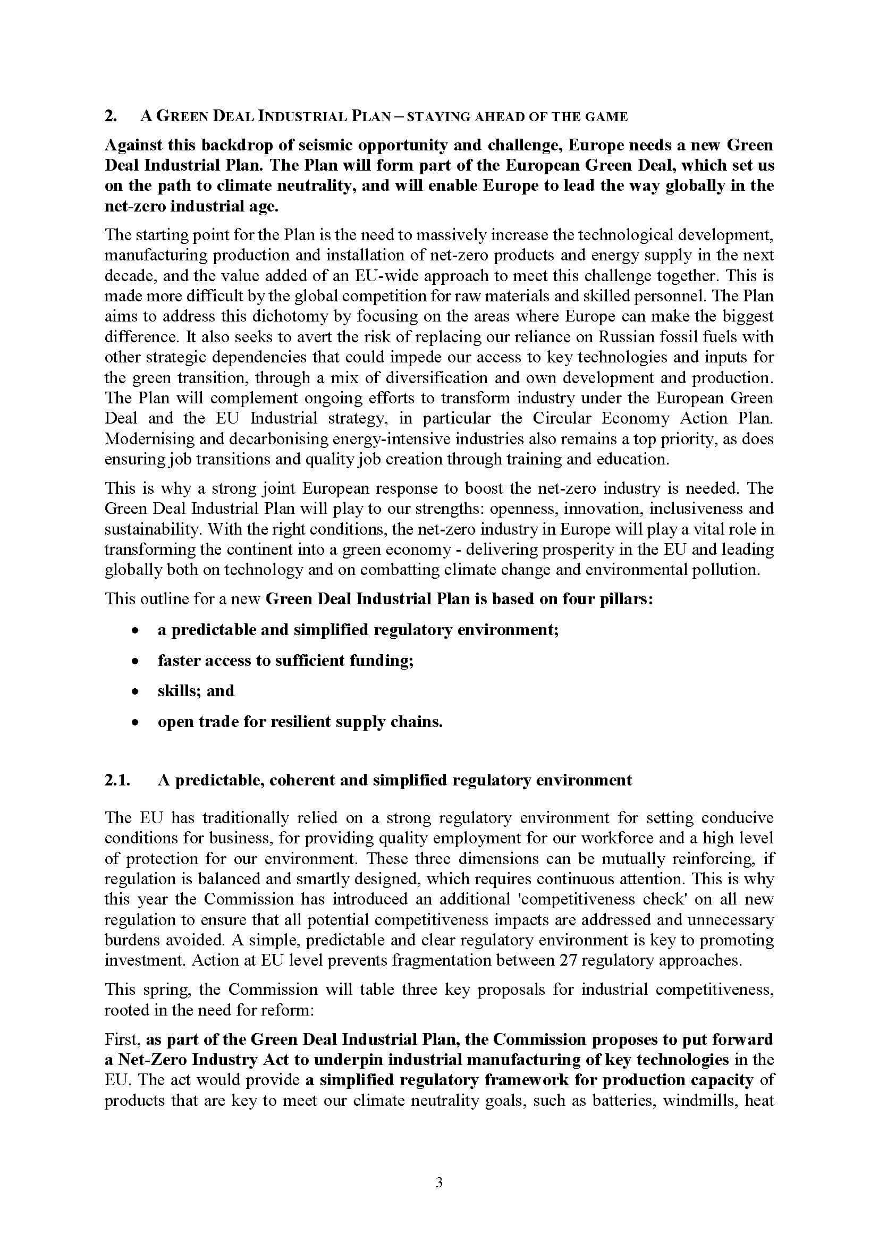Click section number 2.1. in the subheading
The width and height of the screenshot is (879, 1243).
(x=117, y=780)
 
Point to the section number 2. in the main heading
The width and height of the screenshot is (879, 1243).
(x=111, y=117)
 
